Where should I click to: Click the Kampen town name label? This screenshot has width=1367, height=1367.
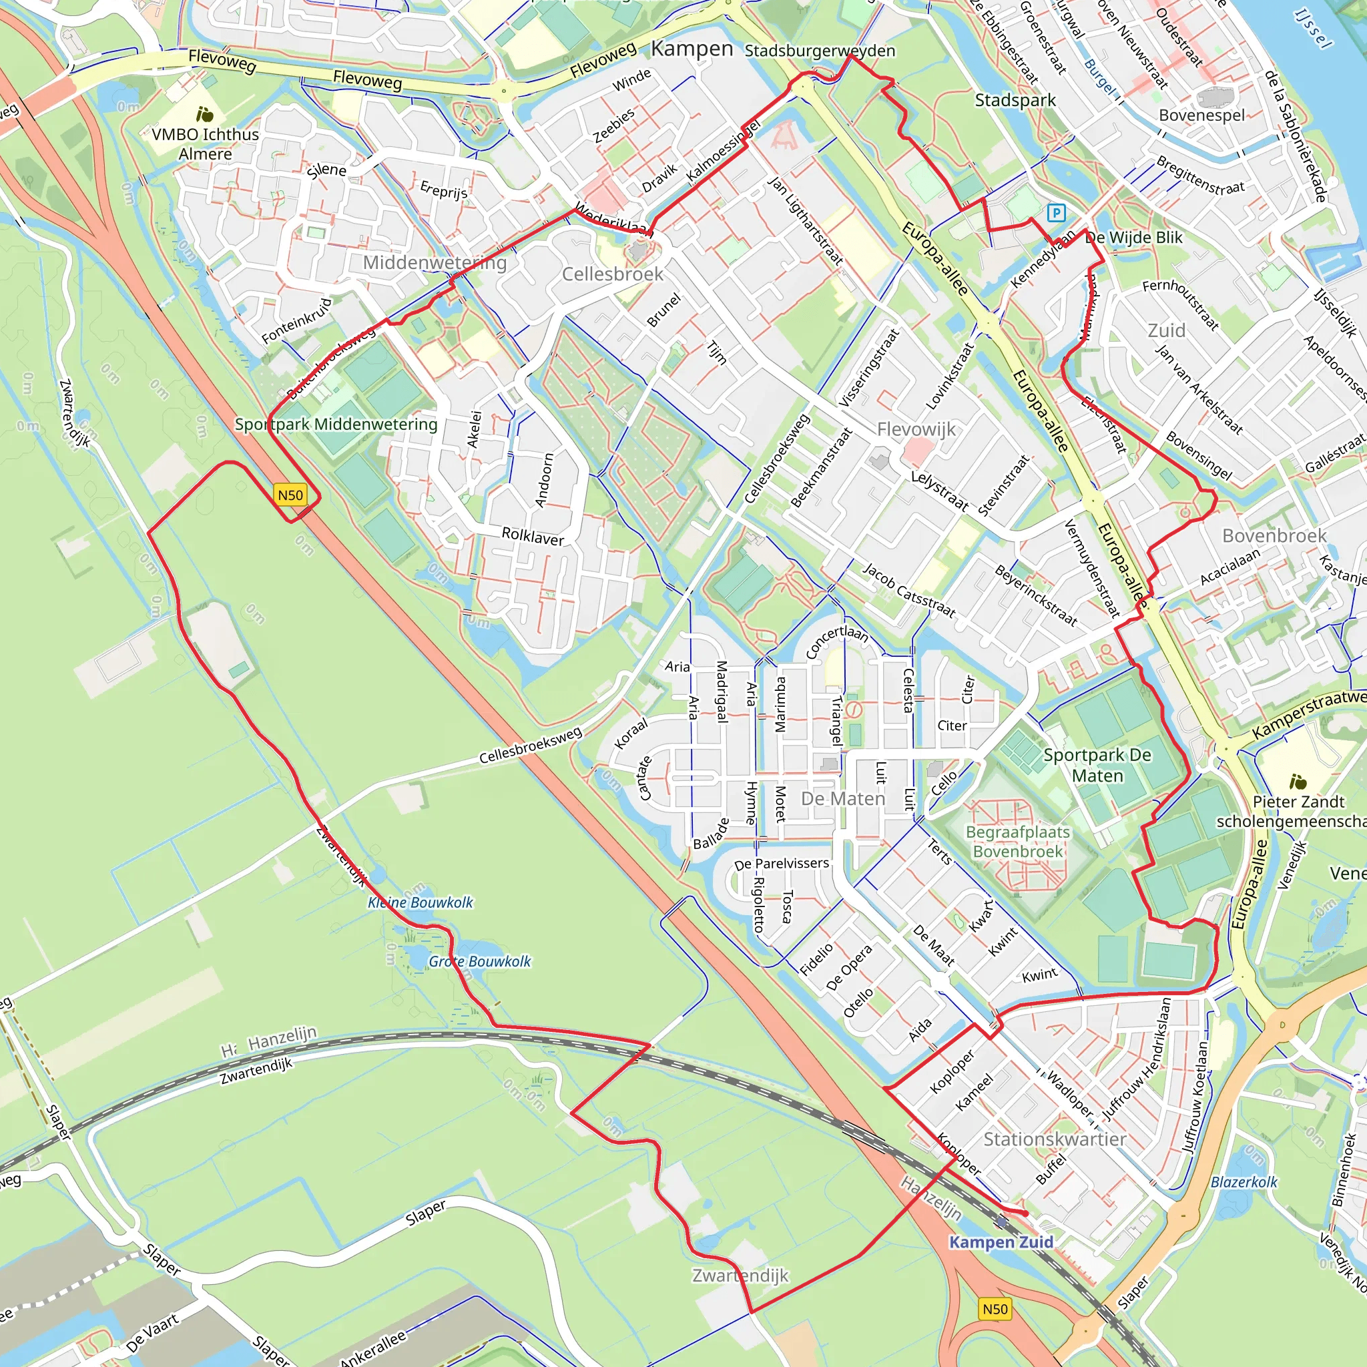(x=692, y=49)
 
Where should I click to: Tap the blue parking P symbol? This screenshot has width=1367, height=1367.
(x=1056, y=212)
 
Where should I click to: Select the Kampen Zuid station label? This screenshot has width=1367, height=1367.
(x=1001, y=1242)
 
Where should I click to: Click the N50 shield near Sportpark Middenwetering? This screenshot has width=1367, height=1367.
(x=290, y=495)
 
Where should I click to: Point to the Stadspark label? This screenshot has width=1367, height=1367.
(x=1015, y=101)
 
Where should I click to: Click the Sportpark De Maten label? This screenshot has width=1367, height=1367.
(x=1097, y=765)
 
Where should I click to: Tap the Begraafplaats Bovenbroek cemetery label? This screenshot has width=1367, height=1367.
(x=1017, y=841)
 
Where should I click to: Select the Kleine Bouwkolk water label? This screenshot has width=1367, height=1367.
(x=421, y=902)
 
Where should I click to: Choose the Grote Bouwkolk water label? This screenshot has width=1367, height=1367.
(x=480, y=961)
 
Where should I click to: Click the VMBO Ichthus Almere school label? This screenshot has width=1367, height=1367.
(x=205, y=144)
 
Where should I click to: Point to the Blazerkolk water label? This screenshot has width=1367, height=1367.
(x=1244, y=1181)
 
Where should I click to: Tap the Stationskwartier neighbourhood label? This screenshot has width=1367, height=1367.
(x=1054, y=1139)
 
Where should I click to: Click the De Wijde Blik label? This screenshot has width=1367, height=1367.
(x=1133, y=238)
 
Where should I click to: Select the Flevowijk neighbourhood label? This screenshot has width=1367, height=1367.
(x=916, y=429)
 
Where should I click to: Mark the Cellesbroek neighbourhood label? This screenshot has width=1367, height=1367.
(x=612, y=274)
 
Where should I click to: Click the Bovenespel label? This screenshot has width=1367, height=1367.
(x=1201, y=115)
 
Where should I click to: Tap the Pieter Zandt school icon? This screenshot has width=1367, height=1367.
(x=1298, y=781)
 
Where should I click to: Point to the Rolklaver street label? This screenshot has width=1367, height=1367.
(x=533, y=537)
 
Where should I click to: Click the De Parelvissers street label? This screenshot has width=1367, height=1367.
(x=781, y=863)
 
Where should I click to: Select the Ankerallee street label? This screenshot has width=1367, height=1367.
(x=373, y=1347)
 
